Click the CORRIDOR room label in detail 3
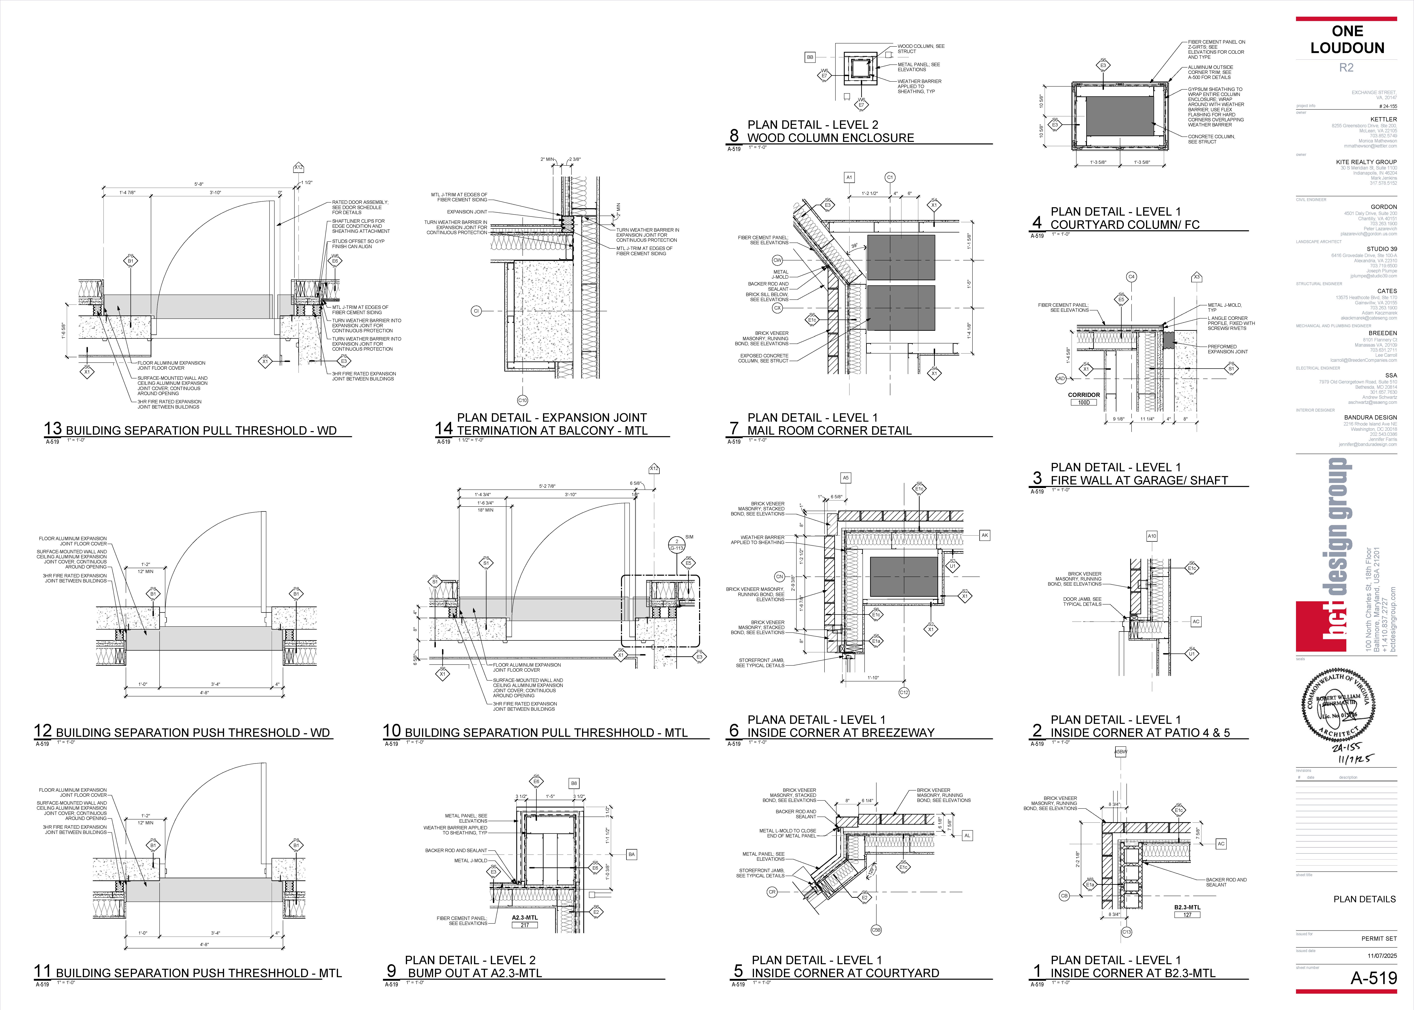pos(1084,395)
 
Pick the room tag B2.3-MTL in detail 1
pos(1187,907)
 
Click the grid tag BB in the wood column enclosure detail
pos(810,57)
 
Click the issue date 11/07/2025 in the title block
pos(1382,956)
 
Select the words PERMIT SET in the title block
pos(1378,938)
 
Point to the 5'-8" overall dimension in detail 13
pos(199,184)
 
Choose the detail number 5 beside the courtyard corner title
pos(738,971)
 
